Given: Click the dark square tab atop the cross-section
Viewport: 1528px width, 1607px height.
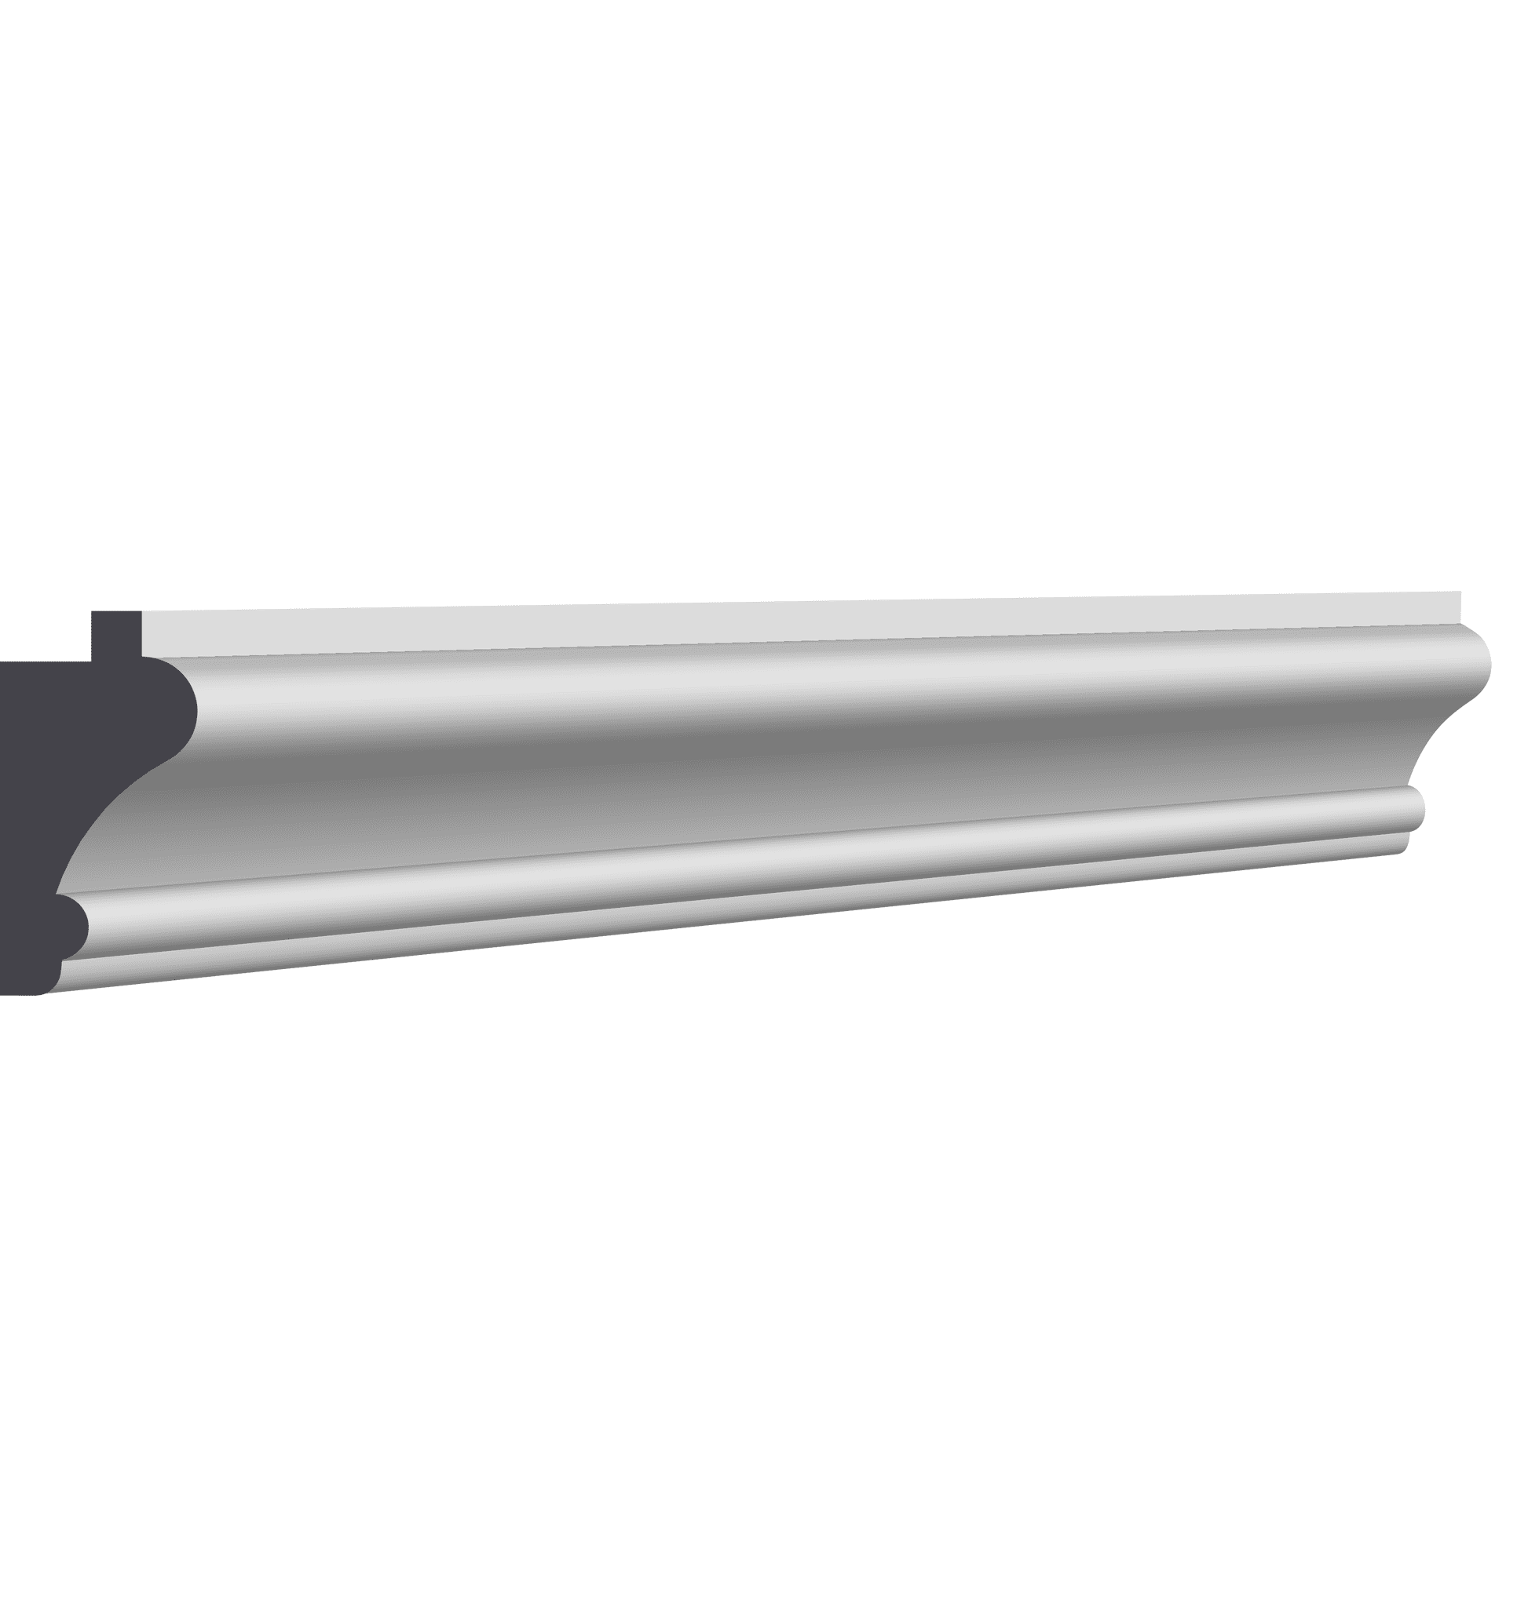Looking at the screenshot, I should tap(115, 634).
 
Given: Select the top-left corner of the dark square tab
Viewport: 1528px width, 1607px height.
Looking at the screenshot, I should tap(92, 612).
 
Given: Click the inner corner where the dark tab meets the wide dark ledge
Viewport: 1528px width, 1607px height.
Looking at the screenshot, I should tap(91, 660).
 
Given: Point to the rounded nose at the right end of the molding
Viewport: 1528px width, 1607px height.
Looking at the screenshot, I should tap(1487, 663).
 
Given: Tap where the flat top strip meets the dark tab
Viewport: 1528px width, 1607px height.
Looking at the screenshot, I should tap(141, 634).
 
